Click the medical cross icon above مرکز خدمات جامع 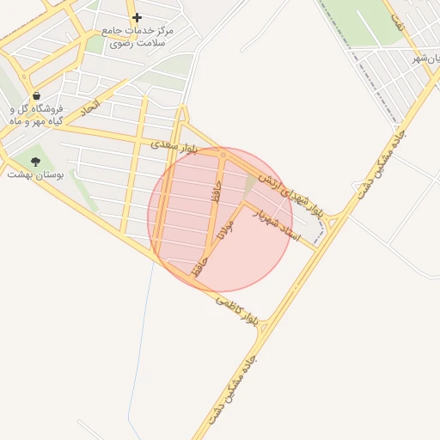click(x=137, y=17)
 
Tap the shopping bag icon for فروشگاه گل click(x=36, y=95)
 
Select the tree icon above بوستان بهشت click(x=35, y=161)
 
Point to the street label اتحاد click(x=89, y=109)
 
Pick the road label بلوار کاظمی click(x=236, y=312)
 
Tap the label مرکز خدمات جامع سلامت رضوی click(x=137, y=36)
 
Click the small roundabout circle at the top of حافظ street click(x=222, y=156)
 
